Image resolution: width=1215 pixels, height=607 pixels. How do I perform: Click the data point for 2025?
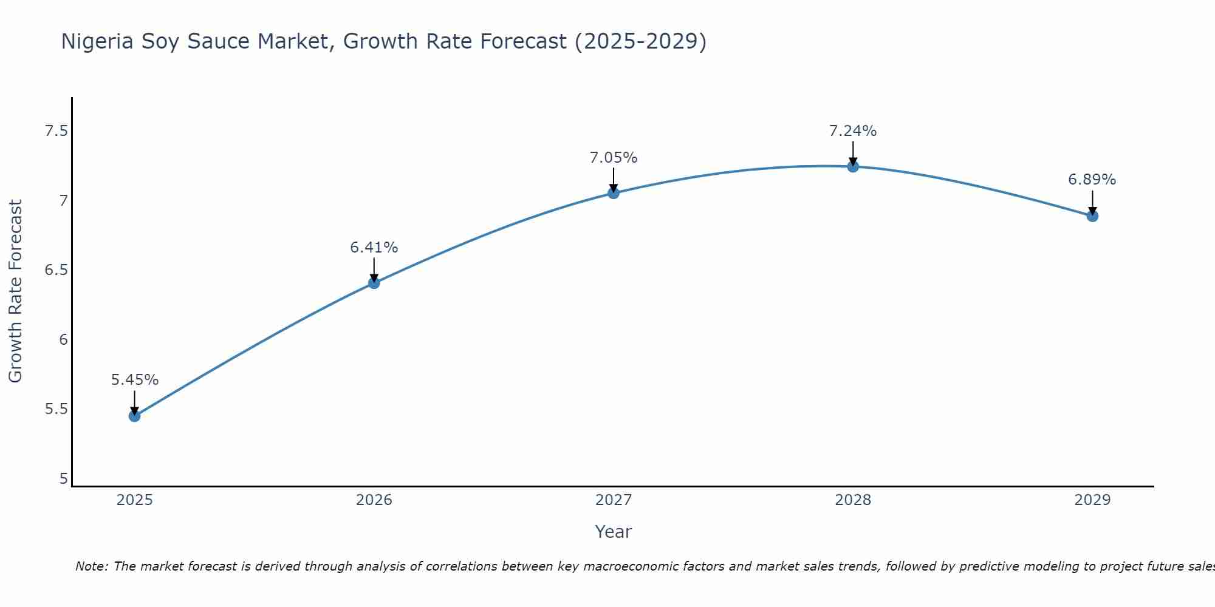point(134,416)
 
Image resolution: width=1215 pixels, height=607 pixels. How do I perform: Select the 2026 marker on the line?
point(374,283)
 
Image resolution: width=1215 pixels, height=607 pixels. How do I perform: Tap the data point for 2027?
point(614,193)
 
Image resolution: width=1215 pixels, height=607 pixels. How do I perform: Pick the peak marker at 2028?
point(853,166)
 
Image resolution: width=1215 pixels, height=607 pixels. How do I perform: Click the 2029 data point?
point(1092,215)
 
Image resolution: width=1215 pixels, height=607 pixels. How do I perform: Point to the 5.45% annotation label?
point(134,380)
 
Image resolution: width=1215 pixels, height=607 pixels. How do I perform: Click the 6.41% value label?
point(374,248)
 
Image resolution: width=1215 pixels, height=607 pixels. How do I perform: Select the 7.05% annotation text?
point(614,158)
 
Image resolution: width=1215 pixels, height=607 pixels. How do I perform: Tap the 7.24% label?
point(853,131)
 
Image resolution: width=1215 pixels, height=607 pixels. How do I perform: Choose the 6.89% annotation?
point(1092,180)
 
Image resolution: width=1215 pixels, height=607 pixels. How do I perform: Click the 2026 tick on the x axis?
point(374,500)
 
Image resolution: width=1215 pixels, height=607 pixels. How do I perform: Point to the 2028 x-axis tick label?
point(853,500)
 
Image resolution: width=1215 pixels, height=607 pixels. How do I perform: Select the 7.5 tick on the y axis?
point(56,131)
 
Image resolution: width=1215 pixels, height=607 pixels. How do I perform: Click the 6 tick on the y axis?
point(63,339)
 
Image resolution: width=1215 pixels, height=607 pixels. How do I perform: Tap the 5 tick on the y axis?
point(63,478)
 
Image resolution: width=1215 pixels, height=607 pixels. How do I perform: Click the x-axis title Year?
point(614,532)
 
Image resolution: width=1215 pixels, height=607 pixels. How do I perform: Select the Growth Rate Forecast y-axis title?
point(16,291)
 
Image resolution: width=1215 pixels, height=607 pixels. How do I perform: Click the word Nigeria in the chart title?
point(97,41)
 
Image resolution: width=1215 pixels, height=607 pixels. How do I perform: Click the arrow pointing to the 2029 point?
point(1092,202)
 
